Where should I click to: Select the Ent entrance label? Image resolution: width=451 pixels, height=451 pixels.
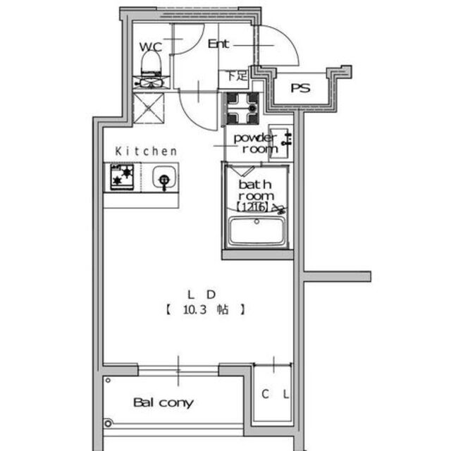pyautogui.click(x=219, y=44)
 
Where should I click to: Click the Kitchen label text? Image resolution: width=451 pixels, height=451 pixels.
pyautogui.click(x=146, y=151)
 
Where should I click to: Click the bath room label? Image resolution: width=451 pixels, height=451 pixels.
pyautogui.click(x=255, y=190)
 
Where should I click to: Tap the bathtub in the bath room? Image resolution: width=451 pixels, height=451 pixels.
pyautogui.click(x=257, y=231)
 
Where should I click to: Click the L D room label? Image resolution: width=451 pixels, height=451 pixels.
pyautogui.click(x=200, y=294)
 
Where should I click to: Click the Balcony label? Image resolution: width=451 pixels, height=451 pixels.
pyautogui.click(x=163, y=403)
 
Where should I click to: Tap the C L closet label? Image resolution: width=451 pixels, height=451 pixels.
pyautogui.click(x=275, y=395)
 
